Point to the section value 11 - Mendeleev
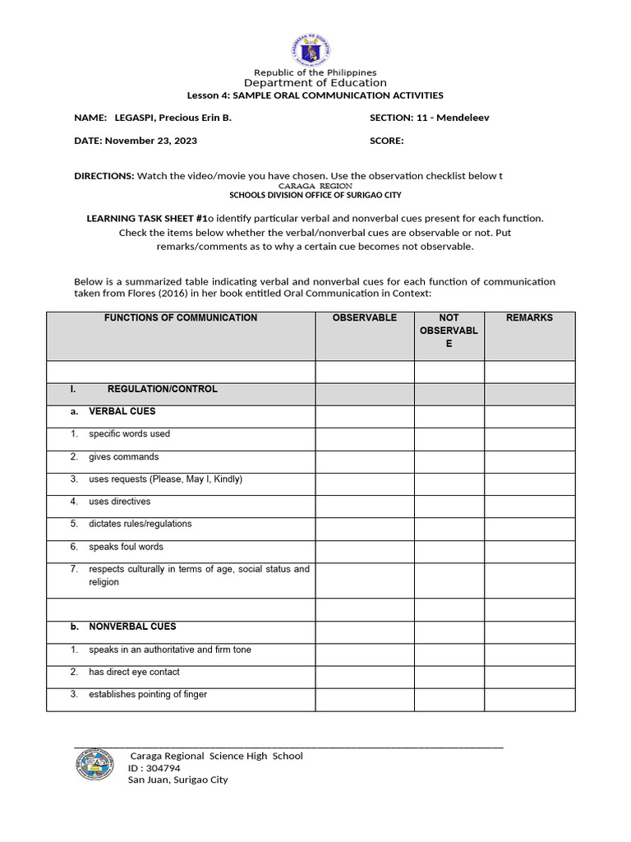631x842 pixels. point(454,118)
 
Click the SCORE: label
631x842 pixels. point(387,141)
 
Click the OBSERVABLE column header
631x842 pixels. point(364,317)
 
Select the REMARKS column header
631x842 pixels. point(529,317)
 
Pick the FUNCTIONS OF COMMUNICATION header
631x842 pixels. point(181,317)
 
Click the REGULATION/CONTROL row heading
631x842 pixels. point(162,389)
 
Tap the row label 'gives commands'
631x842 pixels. point(124,456)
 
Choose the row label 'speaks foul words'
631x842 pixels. point(126,547)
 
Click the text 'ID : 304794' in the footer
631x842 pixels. point(154,768)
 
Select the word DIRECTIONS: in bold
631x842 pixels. point(104,176)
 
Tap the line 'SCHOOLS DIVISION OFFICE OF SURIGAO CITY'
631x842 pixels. point(315,196)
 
